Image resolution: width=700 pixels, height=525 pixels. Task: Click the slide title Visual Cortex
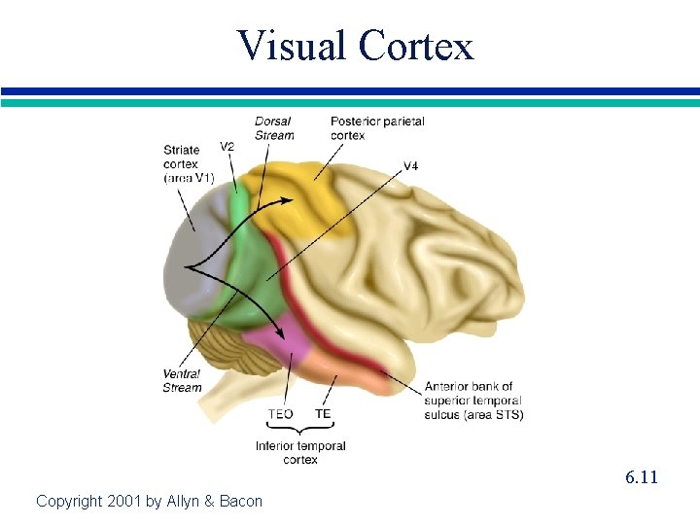click(355, 45)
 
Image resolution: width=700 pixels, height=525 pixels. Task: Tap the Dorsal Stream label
click(274, 128)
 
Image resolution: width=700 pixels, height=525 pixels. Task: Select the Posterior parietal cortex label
click(377, 128)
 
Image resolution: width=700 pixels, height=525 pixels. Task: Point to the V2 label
click(227, 147)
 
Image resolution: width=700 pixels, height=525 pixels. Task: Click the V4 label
click(410, 166)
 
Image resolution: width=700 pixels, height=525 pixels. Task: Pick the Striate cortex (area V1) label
click(188, 163)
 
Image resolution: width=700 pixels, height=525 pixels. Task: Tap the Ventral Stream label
click(182, 380)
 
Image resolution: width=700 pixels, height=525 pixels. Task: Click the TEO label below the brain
click(280, 414)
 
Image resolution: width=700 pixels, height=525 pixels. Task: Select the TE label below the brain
click(323, 414)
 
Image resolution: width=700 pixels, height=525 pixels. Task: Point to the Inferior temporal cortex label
click(300, 453)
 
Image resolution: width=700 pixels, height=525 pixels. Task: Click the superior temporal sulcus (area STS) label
click(473, 401)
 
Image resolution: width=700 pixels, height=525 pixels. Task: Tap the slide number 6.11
click(642, 477)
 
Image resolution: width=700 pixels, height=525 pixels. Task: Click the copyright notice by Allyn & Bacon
click(149, 502)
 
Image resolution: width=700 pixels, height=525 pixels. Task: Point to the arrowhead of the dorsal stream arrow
click(289, 199)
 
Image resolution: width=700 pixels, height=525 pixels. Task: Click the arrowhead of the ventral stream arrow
click(284, 335)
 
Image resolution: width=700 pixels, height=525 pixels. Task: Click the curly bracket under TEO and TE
click(300, 431)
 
